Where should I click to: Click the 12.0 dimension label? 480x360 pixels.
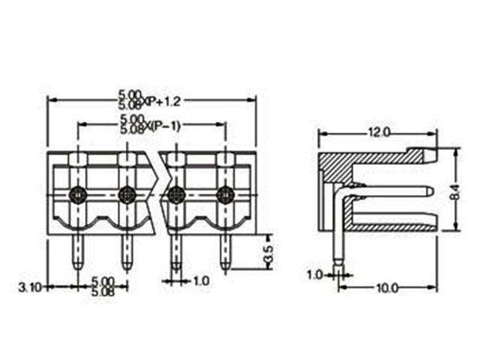tap(378, 133)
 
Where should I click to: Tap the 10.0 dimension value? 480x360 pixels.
tap(385, 288)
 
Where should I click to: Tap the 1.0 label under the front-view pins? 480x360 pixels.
tap(200, 281)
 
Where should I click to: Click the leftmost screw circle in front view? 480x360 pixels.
tap(78, 195)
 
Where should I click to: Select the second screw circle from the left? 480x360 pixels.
tap(127, 195)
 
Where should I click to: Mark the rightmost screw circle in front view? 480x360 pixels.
tap(225, 195)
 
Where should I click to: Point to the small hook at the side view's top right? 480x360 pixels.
tap(433, 155)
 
